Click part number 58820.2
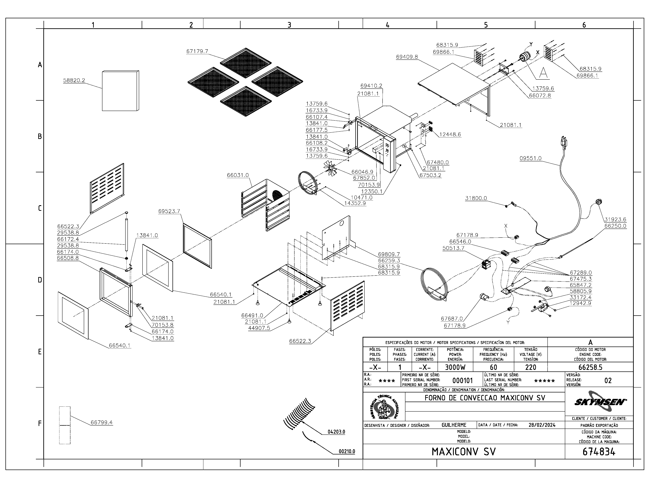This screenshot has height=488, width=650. click(x=74, y=80)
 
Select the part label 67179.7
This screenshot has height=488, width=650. click(x=197, y=51)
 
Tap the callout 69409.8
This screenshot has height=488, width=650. click(x=407, y=57)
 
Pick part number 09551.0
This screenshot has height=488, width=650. click(x=530, y=158)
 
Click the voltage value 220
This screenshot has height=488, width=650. click(x=531, y=367)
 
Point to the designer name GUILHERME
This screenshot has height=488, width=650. click(x=454, y=425)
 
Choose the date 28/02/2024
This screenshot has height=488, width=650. click(x=542, y=425)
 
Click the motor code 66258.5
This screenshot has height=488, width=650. click(x=590, y=367)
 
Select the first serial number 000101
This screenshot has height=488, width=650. click(x=462, y=381)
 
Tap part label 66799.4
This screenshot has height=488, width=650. click(x=102, y=422)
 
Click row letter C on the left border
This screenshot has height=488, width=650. click(x=40, y=208)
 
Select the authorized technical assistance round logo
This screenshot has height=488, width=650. click(x=384, y=407)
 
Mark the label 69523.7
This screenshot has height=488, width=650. click(x=169, y=211)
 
